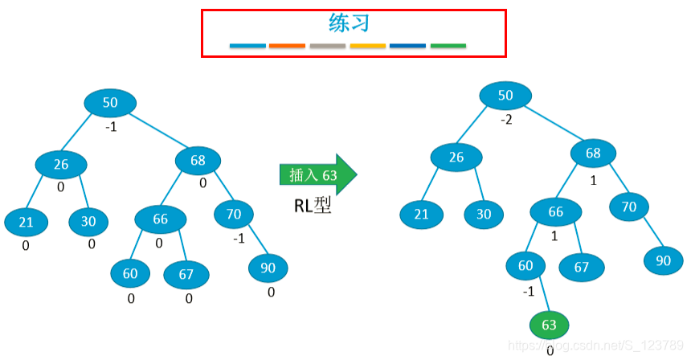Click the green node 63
pyautogui.click(x=549, y=325)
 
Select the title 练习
pyautogui.click(x=350, y=22)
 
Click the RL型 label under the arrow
pyautogui.click(x=313, y=206)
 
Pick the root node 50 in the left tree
pyautogui.click(x=110, y=102)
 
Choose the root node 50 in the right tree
pyautogui.click(x=505, y=96)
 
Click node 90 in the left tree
pyautogui.click(x=268, y=268)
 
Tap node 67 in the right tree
pyautogui.click(x=581, y=267)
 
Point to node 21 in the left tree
pyautogui.click(x=26, y=222)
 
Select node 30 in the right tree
pyautogui.click(x=483, y=215)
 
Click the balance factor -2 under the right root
pyautogui.click(x=506, y=120)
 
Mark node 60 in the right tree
pyautogui.click(x=525, y=266)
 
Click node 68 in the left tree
pyautogui.click(x=198, y=161)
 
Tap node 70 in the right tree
pyautogui.click(x=629, y=207)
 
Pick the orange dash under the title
pyautogui.click(x=287, y=46)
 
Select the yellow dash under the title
pyautogui.click(x=367, y=46)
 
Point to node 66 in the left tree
pyautogui.click(x=160, y=219)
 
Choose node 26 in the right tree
pyautogui.click(x=456, y=157)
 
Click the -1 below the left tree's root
pyautogui.click(x=111, y=126)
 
